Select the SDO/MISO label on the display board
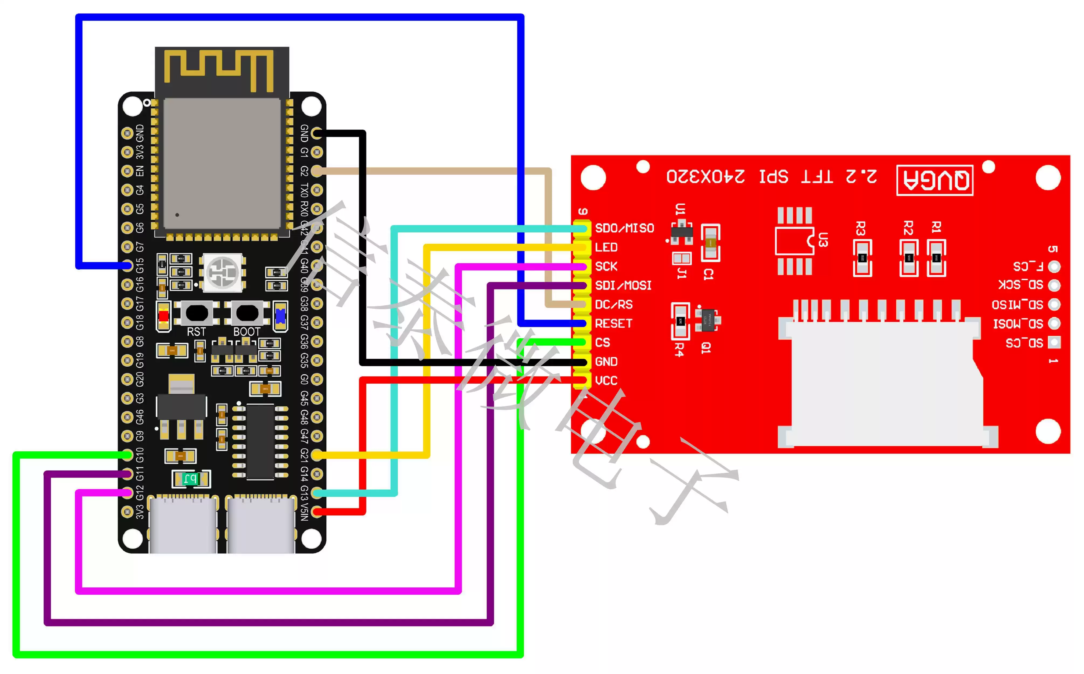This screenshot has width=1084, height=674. pyautogui.click(x=624, y=228)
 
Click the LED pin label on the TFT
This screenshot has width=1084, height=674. pyautogui.click(x=606, y=247)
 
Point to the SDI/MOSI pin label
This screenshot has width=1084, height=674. pyautogui.click(x=623, y=285)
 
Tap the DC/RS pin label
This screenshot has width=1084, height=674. pyautogui.click(x=613, y=304)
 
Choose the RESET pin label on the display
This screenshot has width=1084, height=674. pyautogui.click(x=613, y=324)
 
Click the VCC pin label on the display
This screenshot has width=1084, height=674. pyautogui.click(x=606, y=381)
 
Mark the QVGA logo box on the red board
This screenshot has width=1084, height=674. pyautogui.click(x=935, y=180)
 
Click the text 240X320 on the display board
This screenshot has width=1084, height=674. pyautogui.click(x=705, y=177)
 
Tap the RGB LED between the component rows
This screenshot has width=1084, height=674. pyautogui.click(x=222, y=272)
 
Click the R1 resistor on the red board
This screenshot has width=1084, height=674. pyautogui.click(x=936, y=258)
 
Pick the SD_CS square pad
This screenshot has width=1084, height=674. pyautogui.click(x=1054, y=342)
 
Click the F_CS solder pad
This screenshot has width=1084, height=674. pyautogui.click(x=1054, y=267)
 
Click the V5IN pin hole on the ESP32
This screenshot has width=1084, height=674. pyautogui.click(x=317, y=512)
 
